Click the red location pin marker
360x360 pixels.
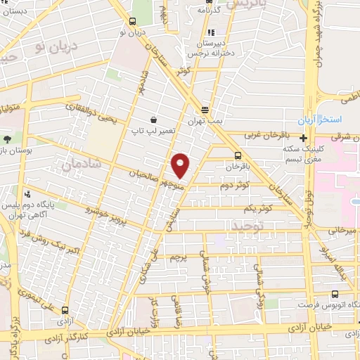181,166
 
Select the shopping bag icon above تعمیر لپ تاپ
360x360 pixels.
153,120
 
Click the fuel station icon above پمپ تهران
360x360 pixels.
205,110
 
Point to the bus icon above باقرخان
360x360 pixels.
237,156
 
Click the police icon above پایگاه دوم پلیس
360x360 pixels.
27,194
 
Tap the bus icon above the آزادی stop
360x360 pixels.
65,310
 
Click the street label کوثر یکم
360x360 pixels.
257,209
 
